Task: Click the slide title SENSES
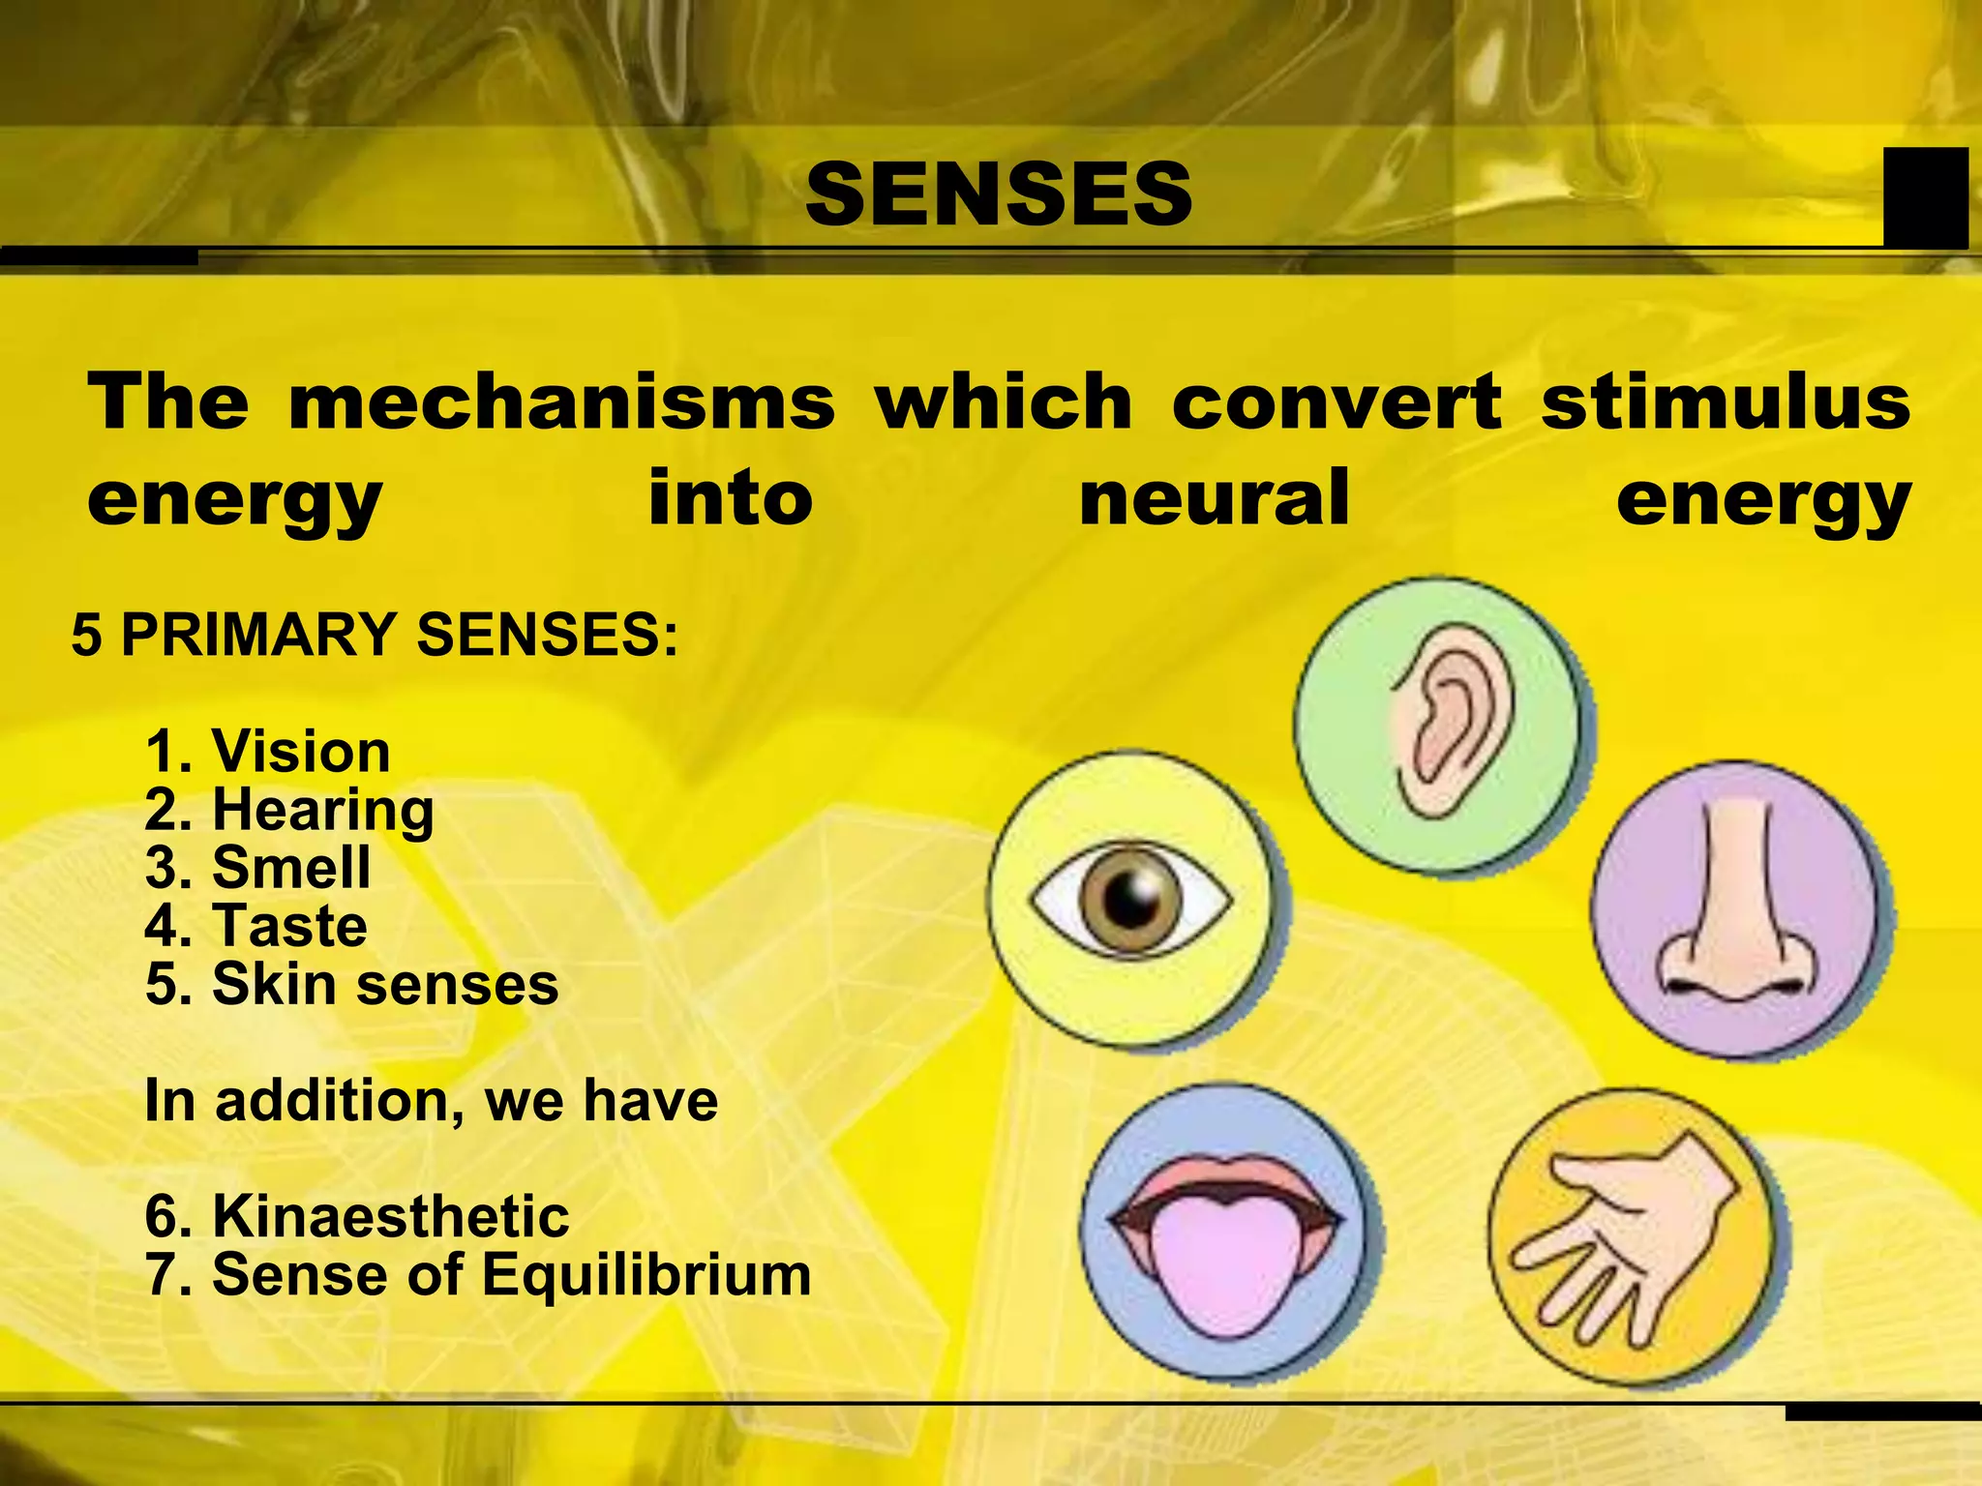pyautogui.click(x=999, y=194)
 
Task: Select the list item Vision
pyautogui.click(x=301, y=752)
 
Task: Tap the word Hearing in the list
pyautogui.click(x=323, y=810)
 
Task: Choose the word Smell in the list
pyautogui.click(x=291, y=867)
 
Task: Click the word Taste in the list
pyautogui.click(x=290, y=926)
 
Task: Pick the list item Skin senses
pyautogui.click(x=385, y=984)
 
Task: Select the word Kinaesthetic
pyautogui.click(x=391, y=1216)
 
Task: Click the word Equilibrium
pyautogui.click(x=646, y=1274)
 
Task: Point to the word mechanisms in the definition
pyautogui.click(x=561, y=401)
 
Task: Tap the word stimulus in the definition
pyautogui.click(x=1726, y=401)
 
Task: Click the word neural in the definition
pyautogui.click(x=1214, y=497)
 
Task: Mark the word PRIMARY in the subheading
pyautogui.click(x=258, y=635)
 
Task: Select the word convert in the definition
pyautogui.click(x=1336, y=401)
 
